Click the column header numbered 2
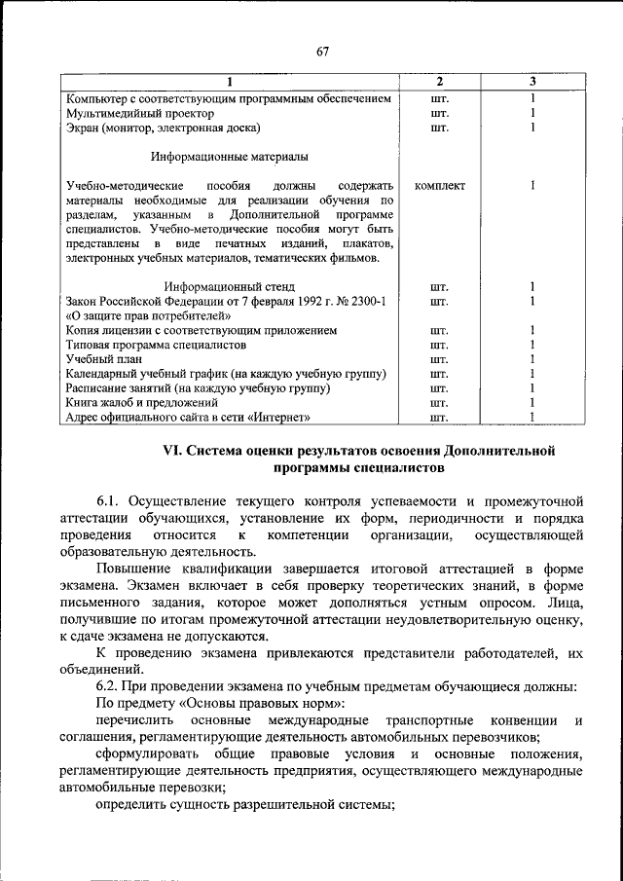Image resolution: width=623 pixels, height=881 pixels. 439,81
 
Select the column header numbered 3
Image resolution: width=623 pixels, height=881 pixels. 533,81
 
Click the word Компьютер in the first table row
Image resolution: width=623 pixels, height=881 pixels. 97,98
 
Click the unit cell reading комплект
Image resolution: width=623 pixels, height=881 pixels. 439,185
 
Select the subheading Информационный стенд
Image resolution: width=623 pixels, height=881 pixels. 230,287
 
